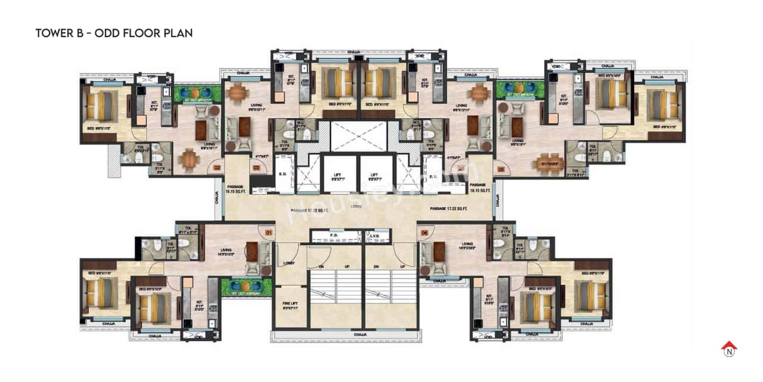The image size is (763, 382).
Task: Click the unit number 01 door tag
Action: coord(269,232)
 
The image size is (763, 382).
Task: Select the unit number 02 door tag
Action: coord(218,169)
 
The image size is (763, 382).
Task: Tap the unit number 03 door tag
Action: coord(256,169)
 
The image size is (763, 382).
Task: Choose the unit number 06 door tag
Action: coord(424,232)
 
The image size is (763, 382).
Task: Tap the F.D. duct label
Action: coord(333,236)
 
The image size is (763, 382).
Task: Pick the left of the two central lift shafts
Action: coord(338,174)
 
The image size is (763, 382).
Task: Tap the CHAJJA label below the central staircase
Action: coord(359,334)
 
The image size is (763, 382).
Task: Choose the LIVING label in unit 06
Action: coord(466,244)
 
